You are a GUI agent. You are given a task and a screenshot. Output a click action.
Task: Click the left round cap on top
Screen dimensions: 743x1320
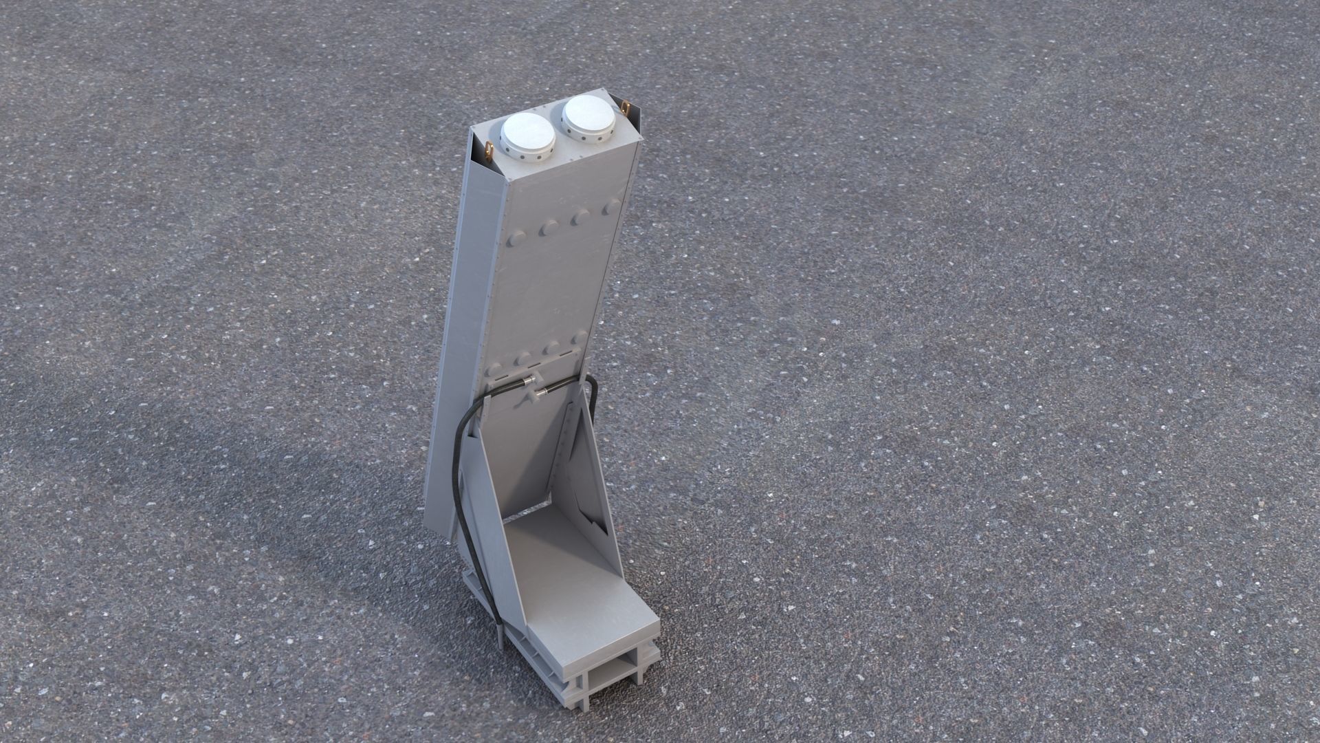pos(528,135)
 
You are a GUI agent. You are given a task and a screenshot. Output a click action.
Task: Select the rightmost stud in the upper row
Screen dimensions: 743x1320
pos(610,208)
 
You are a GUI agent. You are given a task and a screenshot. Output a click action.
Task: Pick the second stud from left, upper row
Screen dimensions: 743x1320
pos(549,228)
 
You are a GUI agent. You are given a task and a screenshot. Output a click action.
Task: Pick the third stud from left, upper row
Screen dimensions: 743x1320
pos(582,217)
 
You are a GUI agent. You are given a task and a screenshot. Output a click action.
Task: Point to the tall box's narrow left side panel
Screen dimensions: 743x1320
pos(454,344)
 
